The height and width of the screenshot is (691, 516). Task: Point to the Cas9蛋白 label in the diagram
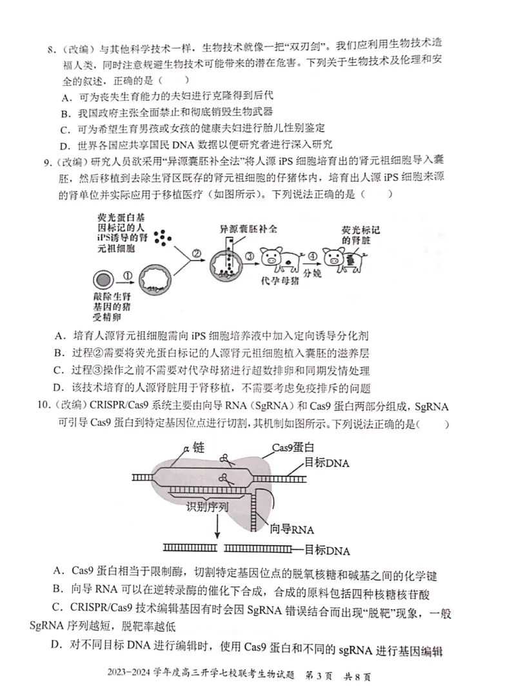point(293,448)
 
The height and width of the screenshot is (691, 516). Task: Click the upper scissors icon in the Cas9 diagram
point(226,459)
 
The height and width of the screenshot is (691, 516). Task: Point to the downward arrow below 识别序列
point(217,527)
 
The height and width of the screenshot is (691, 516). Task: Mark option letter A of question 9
point(59,335)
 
